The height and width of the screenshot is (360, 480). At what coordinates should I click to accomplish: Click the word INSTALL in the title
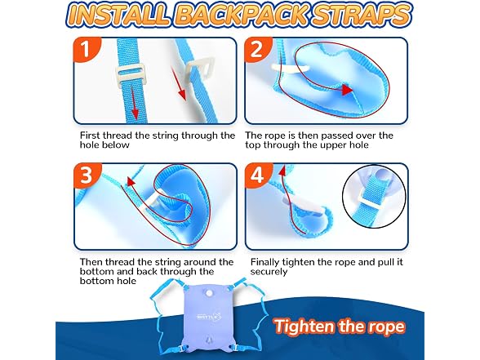[x=118, y=15]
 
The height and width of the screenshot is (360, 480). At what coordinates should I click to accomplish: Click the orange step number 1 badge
[x=87, y=49]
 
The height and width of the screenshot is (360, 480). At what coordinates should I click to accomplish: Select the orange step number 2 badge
[x=257, y=48]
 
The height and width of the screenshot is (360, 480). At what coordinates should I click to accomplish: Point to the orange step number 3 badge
[x=87, y=175]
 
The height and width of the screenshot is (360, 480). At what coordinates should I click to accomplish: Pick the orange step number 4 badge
[x=258, y=175]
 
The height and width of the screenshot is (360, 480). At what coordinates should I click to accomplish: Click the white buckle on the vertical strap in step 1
[x=130, y=73]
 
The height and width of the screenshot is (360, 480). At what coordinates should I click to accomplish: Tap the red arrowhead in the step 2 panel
[x=347, y=90]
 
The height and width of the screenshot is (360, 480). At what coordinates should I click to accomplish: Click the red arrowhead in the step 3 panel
[x=131, y=181]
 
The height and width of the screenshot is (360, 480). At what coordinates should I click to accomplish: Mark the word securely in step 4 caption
[x=269, y=272]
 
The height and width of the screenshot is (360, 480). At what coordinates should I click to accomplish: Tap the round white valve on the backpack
[x=209, y=293]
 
